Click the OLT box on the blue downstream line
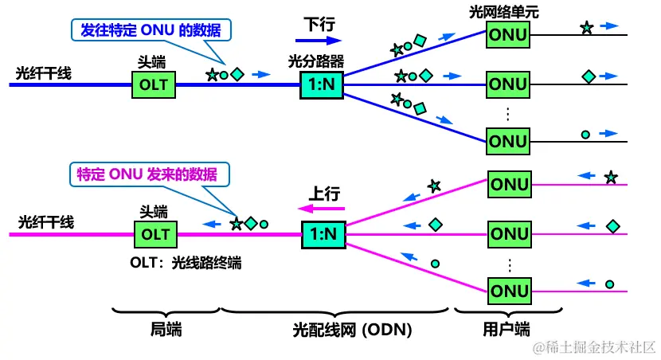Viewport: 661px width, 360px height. (154, 83)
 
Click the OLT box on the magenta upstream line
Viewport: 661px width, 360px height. (154, 234)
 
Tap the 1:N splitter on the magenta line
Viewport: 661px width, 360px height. (323, 234)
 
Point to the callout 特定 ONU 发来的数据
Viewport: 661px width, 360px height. (147, 174)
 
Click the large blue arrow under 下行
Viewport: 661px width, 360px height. (322, 38)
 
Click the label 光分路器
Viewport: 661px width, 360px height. (322, 61)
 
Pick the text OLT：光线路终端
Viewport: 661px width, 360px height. (185, 262)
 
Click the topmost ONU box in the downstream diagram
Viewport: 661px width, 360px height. (508, 35)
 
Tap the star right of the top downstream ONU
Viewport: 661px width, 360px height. (586, 28)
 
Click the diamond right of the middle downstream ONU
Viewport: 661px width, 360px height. (589, 76)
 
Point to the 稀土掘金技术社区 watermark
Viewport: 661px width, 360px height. (594, 347)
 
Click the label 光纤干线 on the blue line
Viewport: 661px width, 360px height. (44, 73)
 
